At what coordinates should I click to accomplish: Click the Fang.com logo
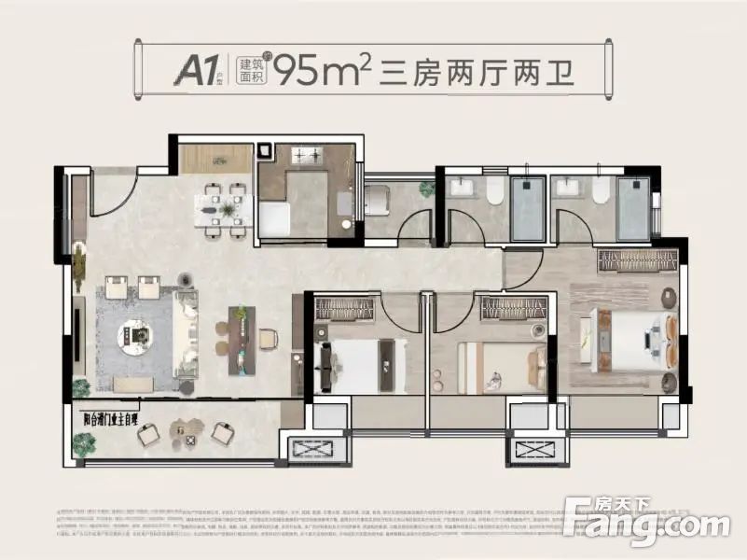point(647,523)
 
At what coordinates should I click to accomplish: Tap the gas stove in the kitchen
point(305,157)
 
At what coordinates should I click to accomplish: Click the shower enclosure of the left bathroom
point(528,207)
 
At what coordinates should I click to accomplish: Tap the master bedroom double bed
point(623,337)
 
